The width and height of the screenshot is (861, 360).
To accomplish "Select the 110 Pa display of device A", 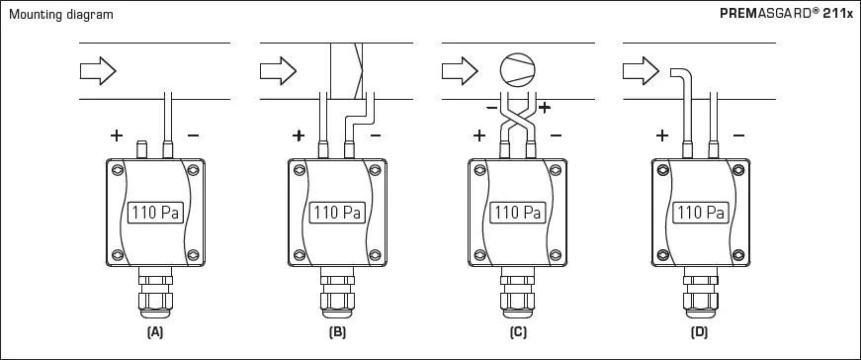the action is (x=155, y=212).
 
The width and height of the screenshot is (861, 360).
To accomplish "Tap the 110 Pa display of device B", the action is (x=337, y=212).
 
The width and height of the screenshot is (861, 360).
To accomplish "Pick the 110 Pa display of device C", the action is (x=518, y=212).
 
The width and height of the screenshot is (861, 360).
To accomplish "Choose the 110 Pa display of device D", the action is (x=700, y=212).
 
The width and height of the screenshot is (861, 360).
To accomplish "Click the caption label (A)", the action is (x=155, y=333).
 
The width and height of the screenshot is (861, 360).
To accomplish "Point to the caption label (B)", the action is (x=337, y=333).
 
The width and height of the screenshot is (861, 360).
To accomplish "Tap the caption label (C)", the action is (x=518, y=333).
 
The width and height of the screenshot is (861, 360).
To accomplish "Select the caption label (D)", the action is (x=700, y=333).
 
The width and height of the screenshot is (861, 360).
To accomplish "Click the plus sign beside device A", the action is (x=117, y=135).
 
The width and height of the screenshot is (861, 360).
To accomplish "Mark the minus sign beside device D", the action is (x=739, y=135).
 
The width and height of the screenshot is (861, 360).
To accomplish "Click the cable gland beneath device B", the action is (x=337, y=297).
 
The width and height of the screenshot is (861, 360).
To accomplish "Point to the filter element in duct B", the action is (x=347, y=69).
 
